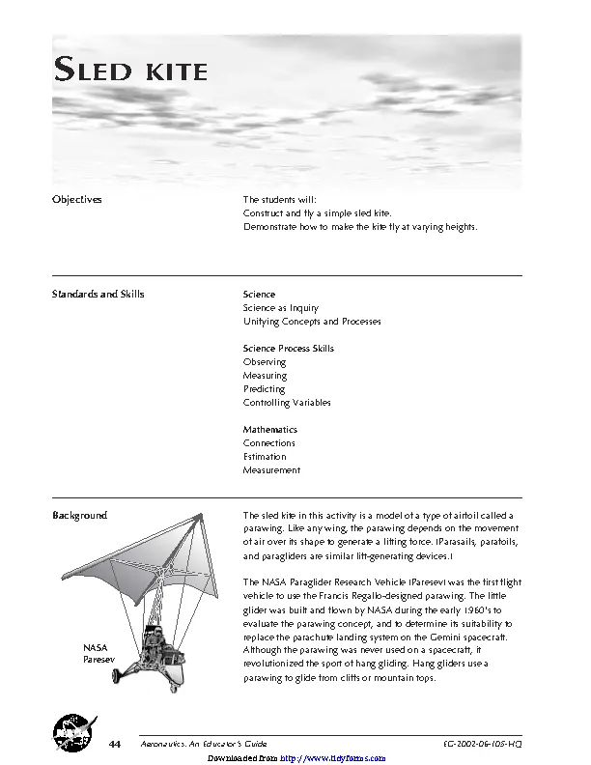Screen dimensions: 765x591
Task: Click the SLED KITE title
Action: coord(129,71)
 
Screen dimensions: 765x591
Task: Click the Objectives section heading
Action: coord(76,199)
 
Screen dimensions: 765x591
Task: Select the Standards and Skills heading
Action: coord(98,294)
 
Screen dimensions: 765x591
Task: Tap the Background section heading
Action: coord(79,516)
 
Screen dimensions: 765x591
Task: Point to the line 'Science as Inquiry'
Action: coord(281,308)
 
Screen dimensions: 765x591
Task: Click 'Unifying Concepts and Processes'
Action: coord(312,322)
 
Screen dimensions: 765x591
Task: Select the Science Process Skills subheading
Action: coord(289,348)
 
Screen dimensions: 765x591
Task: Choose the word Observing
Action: coord(265,362)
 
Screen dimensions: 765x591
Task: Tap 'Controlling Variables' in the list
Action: coord(287,403)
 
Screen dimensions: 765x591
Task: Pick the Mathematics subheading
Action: coord(270,429)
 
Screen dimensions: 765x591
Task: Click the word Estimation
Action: coord(265,457)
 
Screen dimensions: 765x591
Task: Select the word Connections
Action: coord(269,443)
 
